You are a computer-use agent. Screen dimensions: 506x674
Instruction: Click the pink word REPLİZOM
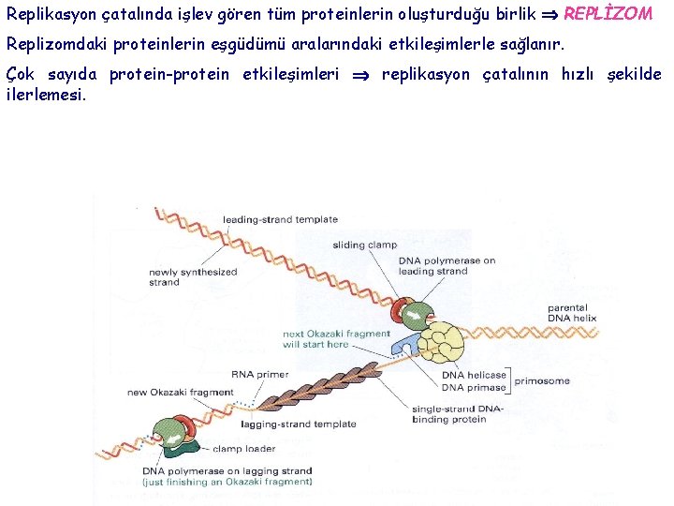(608, 14)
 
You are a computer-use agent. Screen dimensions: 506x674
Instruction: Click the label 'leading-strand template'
(280, 220)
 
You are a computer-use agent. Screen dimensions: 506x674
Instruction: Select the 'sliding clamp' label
(364, 246)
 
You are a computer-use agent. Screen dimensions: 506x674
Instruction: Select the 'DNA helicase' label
(474, 375)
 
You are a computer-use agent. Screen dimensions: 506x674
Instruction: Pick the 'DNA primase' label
(474, 388)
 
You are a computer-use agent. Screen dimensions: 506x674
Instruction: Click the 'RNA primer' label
(259, 375)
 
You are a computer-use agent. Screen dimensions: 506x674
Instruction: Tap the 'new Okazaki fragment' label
(180, 393)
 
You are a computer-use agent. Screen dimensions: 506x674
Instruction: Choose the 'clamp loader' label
(243, 449)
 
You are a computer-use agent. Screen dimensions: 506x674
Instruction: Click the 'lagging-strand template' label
(299, 424)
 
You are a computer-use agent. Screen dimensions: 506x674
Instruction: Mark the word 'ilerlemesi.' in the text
(45, 94)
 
